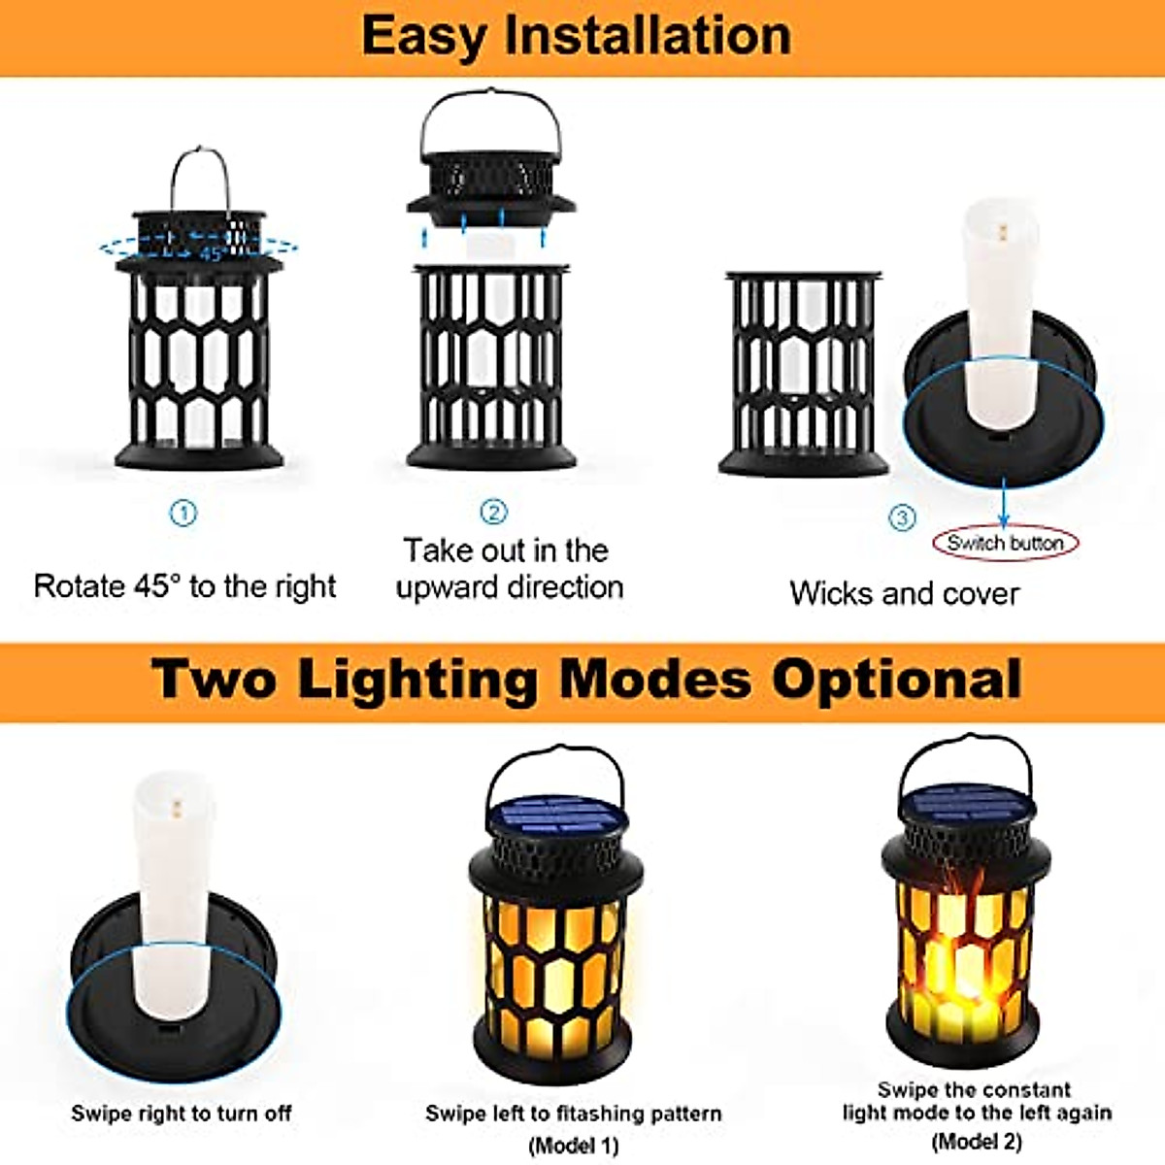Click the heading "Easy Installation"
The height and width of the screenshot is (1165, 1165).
coord(577,36)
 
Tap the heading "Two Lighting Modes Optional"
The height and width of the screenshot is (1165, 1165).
coord(586,679)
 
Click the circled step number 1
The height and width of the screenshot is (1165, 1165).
coord(183,513)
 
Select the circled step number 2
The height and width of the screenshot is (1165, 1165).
coord(494,512)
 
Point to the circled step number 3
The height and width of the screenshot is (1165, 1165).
coord(902,517)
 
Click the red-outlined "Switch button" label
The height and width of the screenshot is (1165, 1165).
coord(1005,543)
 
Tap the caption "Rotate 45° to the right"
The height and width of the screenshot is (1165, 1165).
coord(184,586)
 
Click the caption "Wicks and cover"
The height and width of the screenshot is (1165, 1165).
coord(904,593)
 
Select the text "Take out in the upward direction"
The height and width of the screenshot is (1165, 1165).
coord(508,569)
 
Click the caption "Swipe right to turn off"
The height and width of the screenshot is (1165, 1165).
coord(181,1114)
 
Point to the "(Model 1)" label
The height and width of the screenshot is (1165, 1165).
coord(573,1146)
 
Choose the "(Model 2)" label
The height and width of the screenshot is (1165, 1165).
coord(977,1142)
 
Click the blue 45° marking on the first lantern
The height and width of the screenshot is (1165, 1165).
coord(212,254)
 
